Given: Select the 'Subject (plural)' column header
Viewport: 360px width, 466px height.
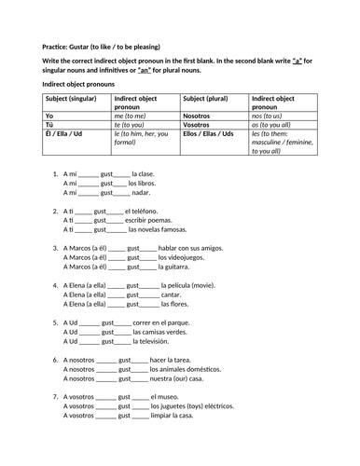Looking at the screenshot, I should click(214, 98).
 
